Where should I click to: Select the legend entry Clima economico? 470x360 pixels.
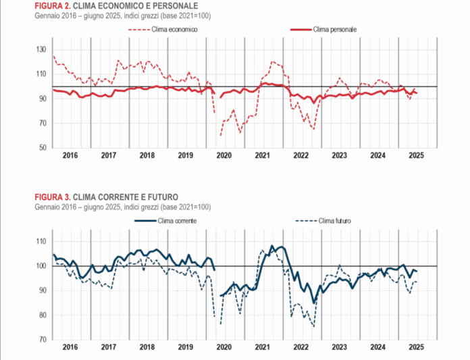(x=175, y=30)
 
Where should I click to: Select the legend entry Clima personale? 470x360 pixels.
(x=335, y=30)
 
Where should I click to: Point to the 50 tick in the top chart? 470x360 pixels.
(x=43, y=147)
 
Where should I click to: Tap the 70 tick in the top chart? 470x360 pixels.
(x=43, y=123)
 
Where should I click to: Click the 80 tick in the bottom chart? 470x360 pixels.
(x=43, y=315)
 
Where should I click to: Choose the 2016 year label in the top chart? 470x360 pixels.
(x=70, y=155)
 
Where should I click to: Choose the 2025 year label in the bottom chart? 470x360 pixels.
(x=416, y=347)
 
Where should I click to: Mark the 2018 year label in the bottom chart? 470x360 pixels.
(x=147, y=347)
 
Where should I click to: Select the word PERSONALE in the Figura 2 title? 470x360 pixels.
(x=172, y=6)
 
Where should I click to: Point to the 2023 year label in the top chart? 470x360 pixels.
(x=339, y=155)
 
